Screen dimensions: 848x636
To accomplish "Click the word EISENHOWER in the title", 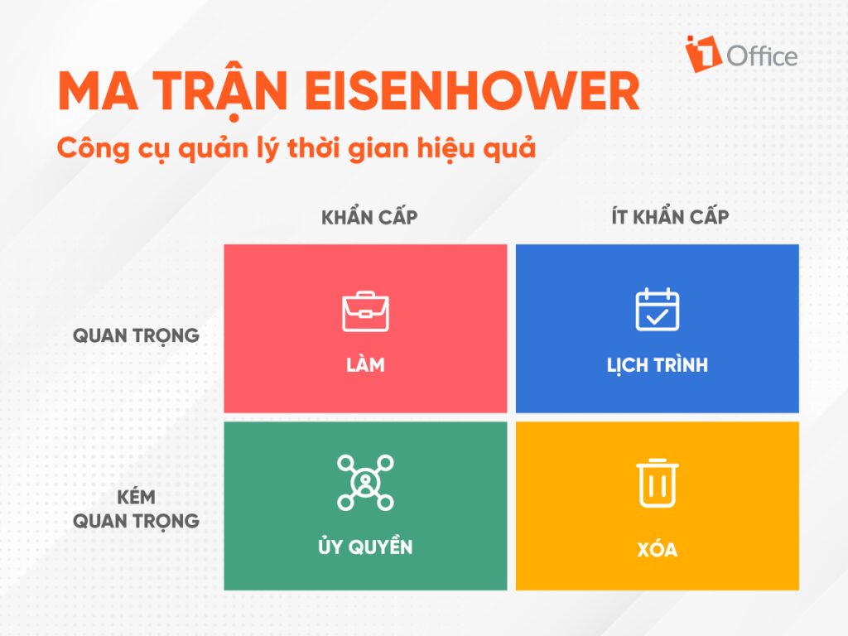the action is click(x=471, y=90).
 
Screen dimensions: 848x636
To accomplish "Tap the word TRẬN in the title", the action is click(x=220, y=89).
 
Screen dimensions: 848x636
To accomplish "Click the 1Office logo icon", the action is click(x=703, y=54).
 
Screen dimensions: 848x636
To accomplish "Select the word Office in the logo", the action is click(x=762, y=56).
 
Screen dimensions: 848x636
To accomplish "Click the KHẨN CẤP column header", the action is click(x=369, y=216).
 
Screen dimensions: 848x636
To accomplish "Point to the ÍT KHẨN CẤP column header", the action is click(x=670, y=216).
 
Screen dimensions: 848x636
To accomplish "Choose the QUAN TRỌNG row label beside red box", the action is click(x=137, y=336).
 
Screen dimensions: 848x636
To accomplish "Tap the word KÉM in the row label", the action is click(x=137, y=497).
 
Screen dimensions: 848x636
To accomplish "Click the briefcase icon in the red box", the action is click(x=365, y=311).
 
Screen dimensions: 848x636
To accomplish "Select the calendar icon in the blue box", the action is click(x=657, y=310).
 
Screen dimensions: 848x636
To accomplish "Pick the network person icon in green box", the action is click(x=365, y=483).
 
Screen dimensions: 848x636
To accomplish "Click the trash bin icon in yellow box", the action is click(x=657, y=483).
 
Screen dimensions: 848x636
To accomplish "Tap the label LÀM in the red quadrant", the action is click(x=365, y=364).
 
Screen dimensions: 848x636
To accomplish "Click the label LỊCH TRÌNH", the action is click(x=657, y=365).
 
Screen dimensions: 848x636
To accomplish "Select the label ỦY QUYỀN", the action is click(x=365, y=545).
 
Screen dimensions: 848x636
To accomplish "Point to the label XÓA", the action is click(x=657, y=548).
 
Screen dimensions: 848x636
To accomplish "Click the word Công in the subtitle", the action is click(x=93, y=148).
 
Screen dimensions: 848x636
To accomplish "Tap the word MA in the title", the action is click(x=98, y=90).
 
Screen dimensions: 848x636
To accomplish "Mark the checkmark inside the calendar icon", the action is click(x=657, y=316).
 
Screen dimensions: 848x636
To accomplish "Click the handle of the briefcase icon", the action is click(x=365, y=294).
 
